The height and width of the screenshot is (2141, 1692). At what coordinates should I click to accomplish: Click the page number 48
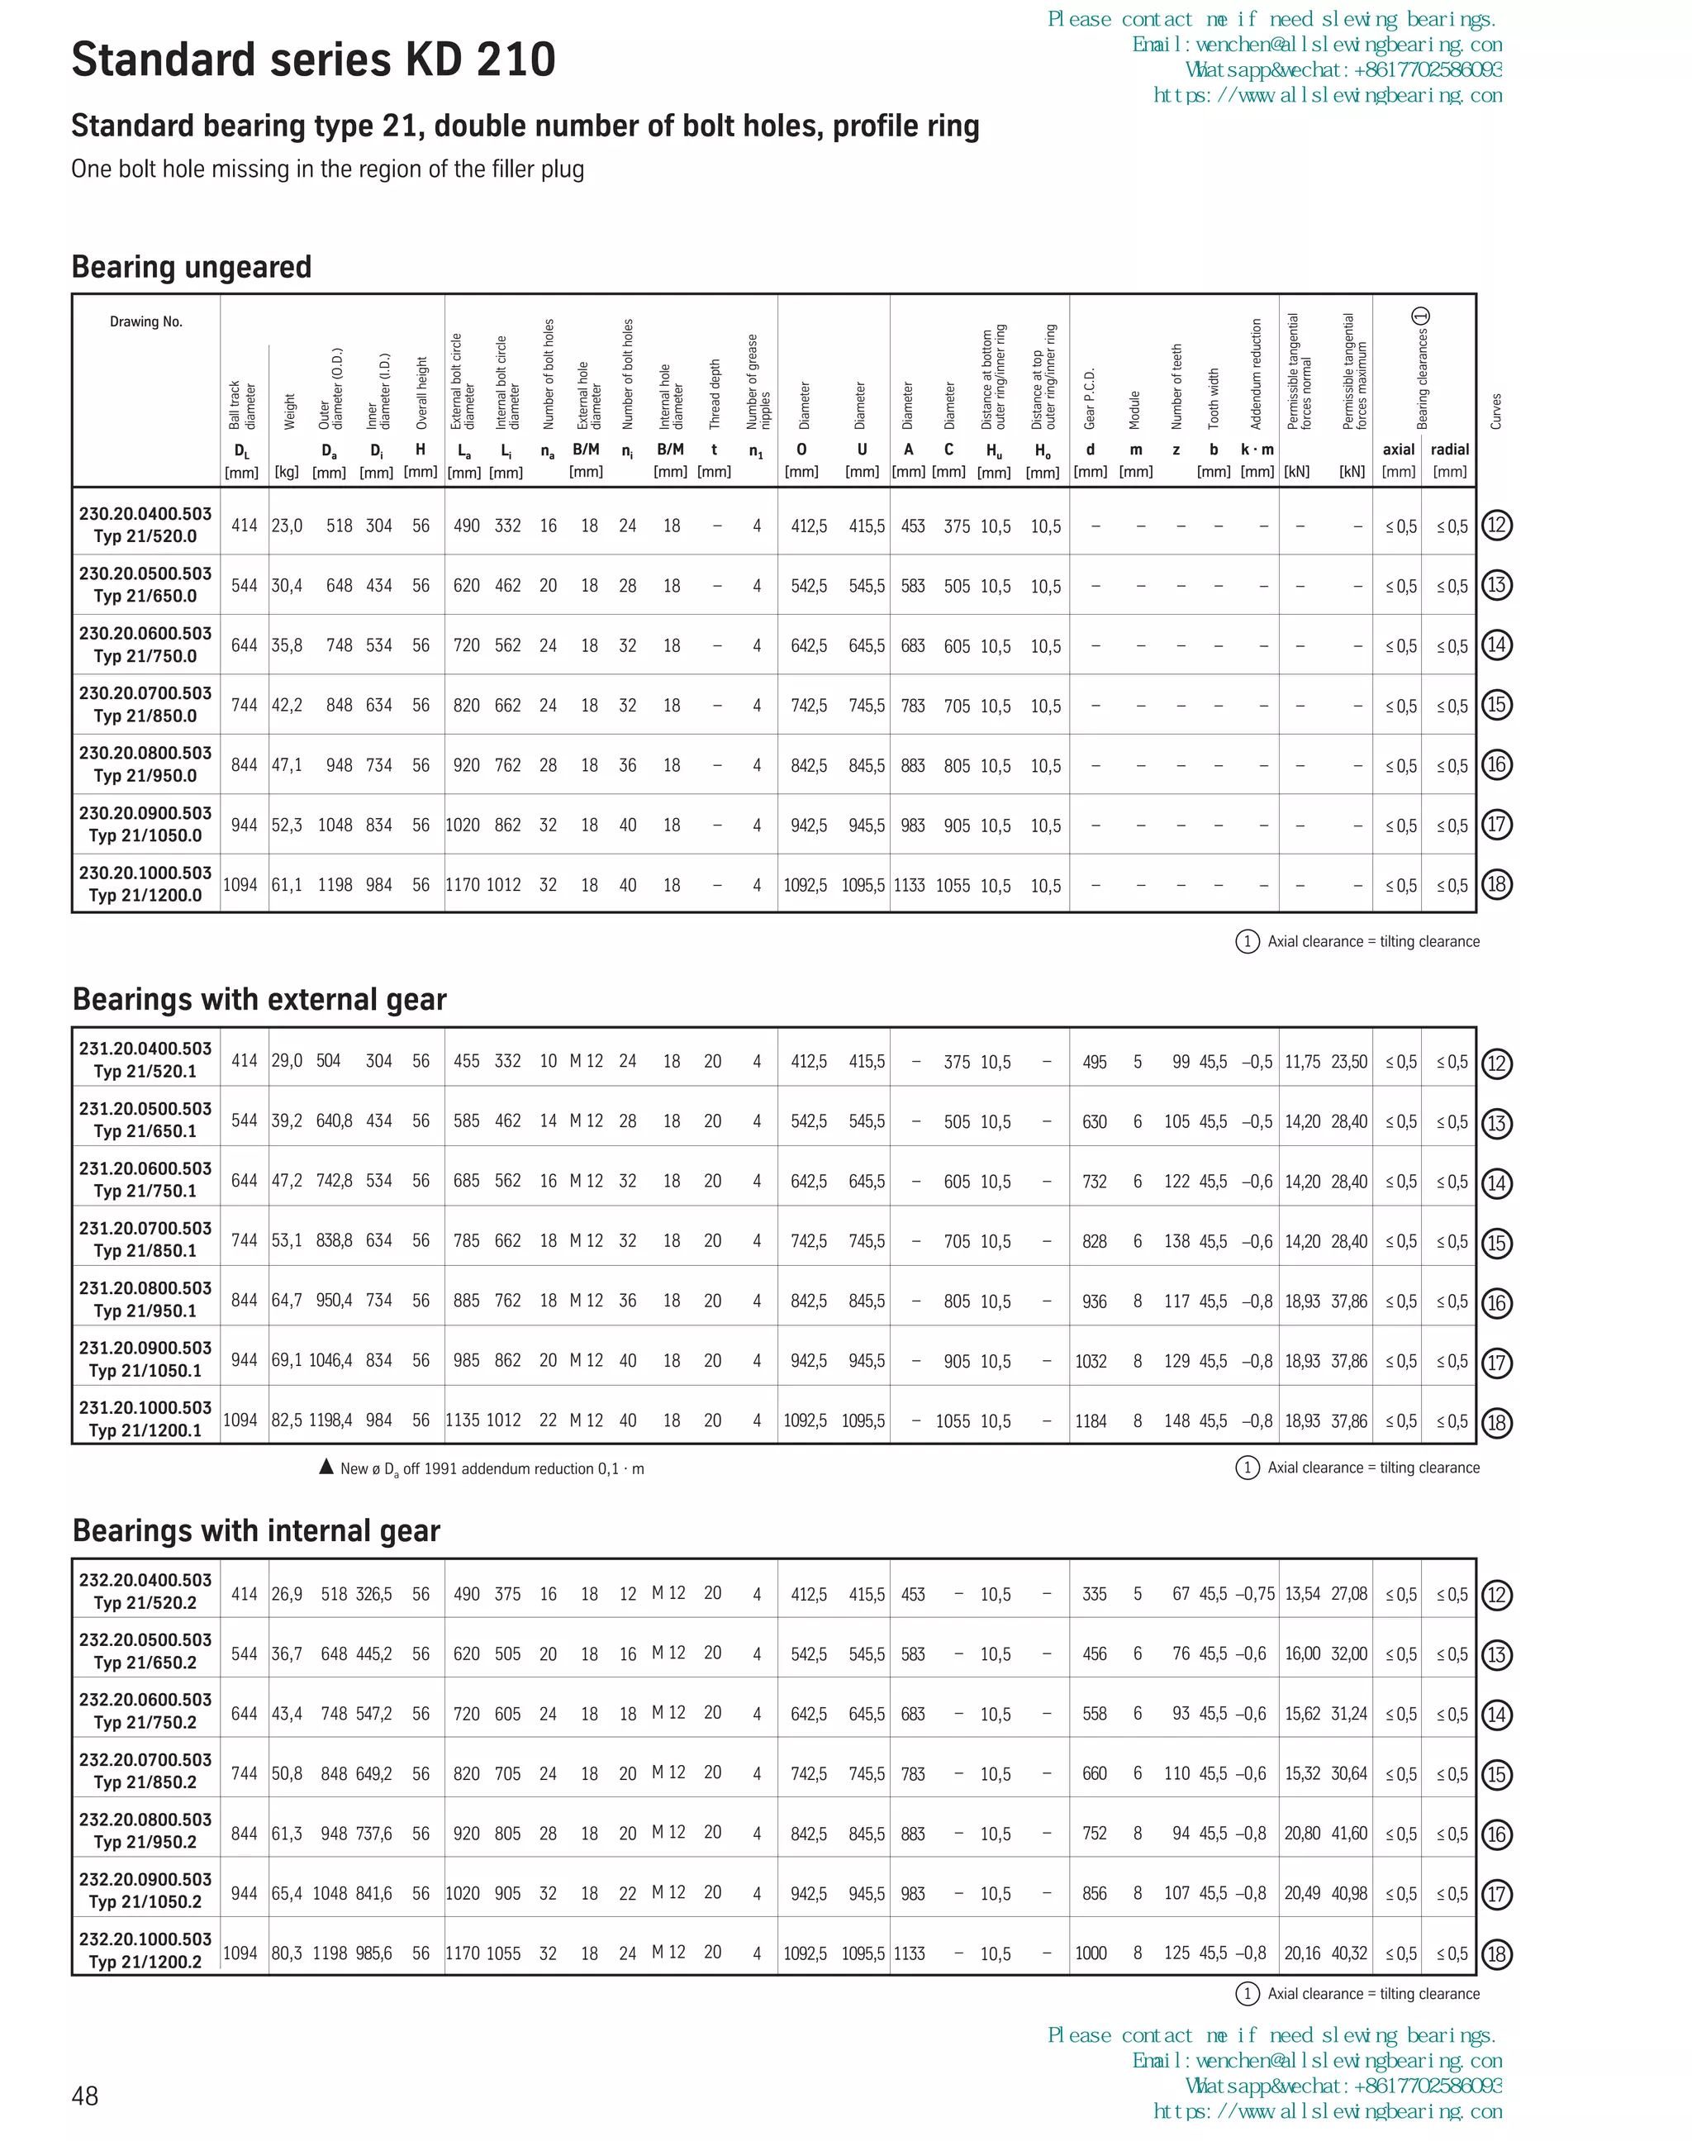(85, 2096)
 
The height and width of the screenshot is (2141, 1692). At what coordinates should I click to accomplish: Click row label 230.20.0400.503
(145, 513)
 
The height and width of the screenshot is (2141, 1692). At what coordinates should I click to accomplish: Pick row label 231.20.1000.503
(145, 1407)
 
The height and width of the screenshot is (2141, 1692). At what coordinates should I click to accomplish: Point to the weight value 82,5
(288, 1420)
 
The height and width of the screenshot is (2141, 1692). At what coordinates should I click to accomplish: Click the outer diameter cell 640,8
(334, 1120)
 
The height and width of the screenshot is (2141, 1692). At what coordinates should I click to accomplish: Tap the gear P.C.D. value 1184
(1091, 1420)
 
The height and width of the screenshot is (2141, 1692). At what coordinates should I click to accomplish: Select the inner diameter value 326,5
(374, 1593)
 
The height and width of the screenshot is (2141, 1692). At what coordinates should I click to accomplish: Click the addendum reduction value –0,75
(1255, 1593)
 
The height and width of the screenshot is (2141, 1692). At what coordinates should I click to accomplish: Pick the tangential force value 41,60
(1349, 1833)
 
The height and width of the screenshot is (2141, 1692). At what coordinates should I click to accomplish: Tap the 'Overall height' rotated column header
(421, 393)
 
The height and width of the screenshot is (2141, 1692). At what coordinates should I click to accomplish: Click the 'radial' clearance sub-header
(1449, 449)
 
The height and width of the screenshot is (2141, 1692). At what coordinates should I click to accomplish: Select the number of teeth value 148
(1176, 1420)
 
